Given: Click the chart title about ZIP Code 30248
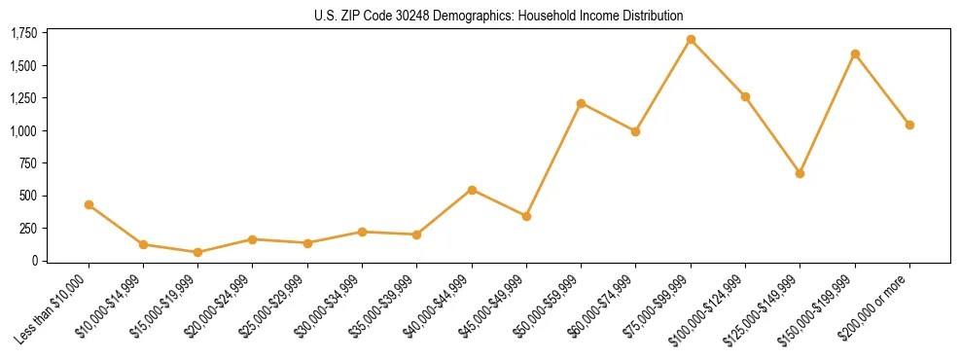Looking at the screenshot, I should pyautogui.click(x=499, y=16).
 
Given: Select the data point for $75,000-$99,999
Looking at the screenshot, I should pyautogui.click(x=691, y=40).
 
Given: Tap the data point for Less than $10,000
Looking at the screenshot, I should pyautogui.click(x=89, y=204).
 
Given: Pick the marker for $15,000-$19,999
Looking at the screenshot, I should pyautogui.click(x=197, y=252).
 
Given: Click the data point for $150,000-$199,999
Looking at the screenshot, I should pyautogui.click(x=855, y=54).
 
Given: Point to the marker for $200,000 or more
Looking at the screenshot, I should pyautogui.click(x=909, y=125).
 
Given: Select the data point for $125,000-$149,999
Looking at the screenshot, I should pyautogui.click(x=800, y=173).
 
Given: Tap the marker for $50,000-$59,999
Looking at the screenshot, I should pyautogui.click(x=581, y=103).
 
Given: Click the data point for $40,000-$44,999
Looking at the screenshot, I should pyautogui.click(x=472, y=190).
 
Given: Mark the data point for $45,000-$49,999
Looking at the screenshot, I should pyautogui.click(x=526, y=216).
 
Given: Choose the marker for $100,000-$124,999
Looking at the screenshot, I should pyautogui.click(x=745, y=96).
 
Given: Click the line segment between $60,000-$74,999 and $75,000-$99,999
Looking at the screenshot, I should pyautogui.click(x=663, y=86).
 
